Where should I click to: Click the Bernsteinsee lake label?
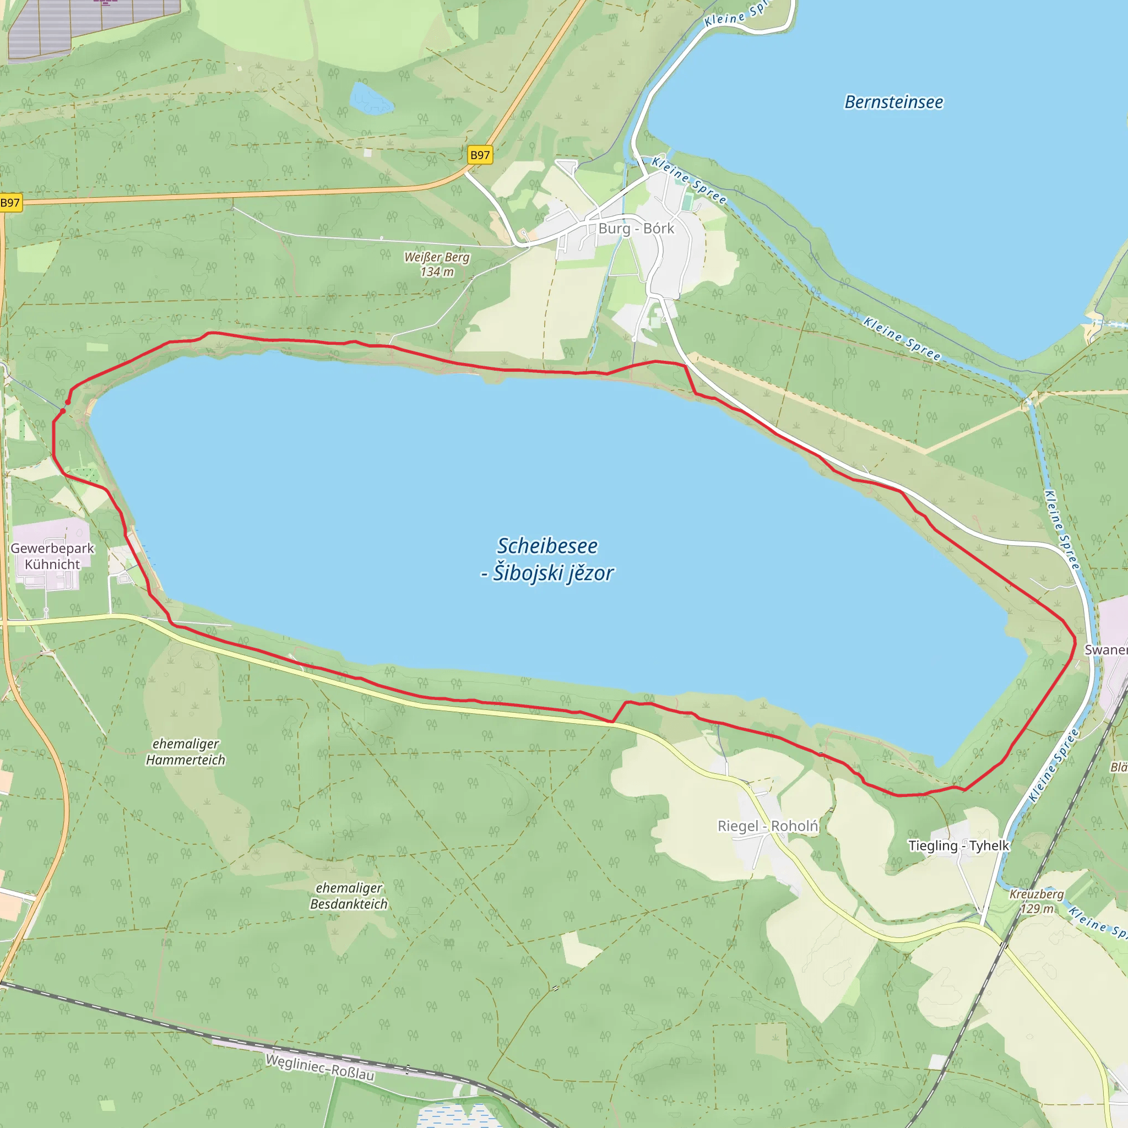pyautogui.click(x=893, y=102)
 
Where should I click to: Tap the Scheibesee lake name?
pyautogui.click(x=547, y=546)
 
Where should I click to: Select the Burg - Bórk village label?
pyautogui.click(x=636, y=228)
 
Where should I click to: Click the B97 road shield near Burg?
pyautogui.click(x=480, y=155)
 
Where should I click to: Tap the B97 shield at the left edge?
pyautogui.click(x=10, y=203)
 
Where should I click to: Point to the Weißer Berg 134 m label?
pyautogui.click(x=437, y=264)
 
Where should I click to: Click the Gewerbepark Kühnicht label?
pyautogui.click(x=52, y=556)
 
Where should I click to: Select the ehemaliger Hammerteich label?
pyautogui.click(x=185, y=751)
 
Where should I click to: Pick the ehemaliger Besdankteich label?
pyautogui.click(x=349, y=896)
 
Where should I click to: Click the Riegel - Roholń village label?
pyautogui.click(x=767, y=826)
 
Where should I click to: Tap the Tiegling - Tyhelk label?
pyautogui.click(x=958, y=845)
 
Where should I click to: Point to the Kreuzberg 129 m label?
pyautogui.click(x=1037, y=901)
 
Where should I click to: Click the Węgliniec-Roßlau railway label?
pyautogui.click(x=319, y=1067)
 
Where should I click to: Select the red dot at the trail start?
pyautogui.click(x=68, y=402)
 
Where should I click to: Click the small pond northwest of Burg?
pyautogui.click(x=370, y=98)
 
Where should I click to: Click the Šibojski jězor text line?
pyautogui.click(x=547, y=573)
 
